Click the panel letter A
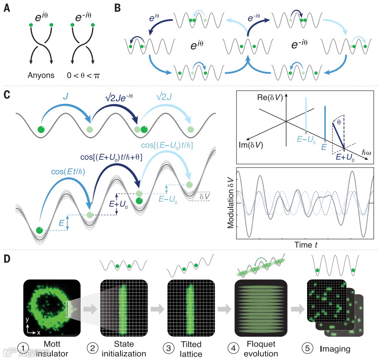pos(7,8)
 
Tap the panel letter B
pos(118,8)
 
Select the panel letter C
pos(7,94)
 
